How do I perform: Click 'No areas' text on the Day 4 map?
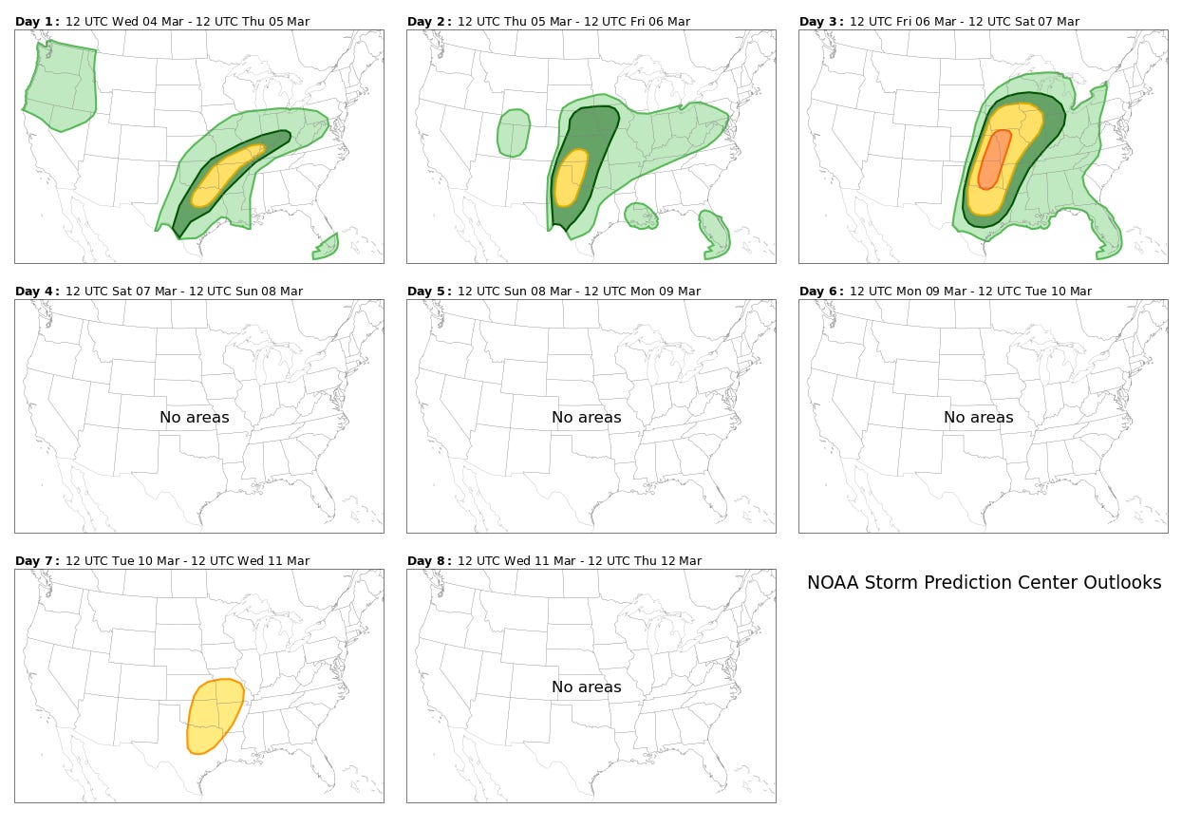[195, 417]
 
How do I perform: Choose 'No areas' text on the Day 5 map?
[587, 417]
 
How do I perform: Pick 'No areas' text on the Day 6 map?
[979, 417]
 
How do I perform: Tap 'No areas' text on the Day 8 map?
[587, 687]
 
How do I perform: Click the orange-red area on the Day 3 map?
[994, 160]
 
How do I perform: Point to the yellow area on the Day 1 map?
[227, 175]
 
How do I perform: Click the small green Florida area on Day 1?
[327, 248]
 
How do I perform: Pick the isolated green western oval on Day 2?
[513, 132]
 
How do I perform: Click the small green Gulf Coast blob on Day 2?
[641, 216]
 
